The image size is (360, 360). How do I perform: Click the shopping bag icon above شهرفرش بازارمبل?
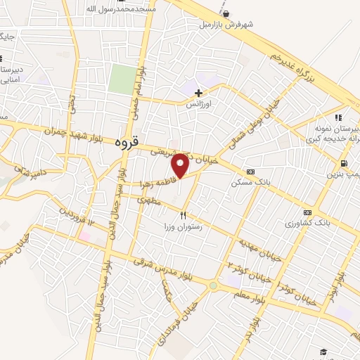(225, 13)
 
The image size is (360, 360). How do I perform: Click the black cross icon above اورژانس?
(198, 92)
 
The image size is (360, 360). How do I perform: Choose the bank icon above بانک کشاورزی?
(307, 212)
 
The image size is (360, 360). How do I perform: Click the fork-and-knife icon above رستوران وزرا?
(184, 215)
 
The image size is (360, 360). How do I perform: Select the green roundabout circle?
(213, 286)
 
